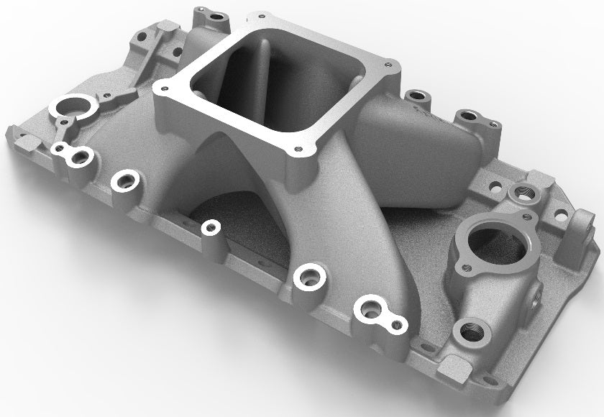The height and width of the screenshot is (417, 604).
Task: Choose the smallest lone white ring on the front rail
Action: pyautogui.click(x=210, y=228)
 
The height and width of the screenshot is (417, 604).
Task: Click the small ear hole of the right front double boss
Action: pyautogui.click(x=393, y=325)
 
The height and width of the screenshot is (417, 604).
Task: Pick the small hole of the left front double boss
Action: pyautogui.click(x=60, y=149)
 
